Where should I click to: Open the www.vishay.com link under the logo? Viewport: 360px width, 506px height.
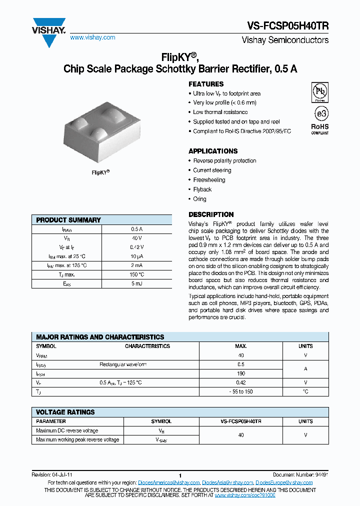pyautogui.click(x=92, y=37)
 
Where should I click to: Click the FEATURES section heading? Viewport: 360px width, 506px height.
pyautogui.click(x=206, y=84)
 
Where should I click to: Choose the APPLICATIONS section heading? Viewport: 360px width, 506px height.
pyautogui.click(x=213, y=151)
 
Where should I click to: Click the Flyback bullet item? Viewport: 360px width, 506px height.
pyautogui.click(x=202, y=189)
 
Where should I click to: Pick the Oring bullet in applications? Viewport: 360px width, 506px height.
pyautogui.click(x=199, y=199)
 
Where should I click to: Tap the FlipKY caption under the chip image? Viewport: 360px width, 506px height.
pyautogui.click(x=100, y=172)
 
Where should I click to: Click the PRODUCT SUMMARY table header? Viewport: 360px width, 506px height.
pyautogui.click(x=68, y=220)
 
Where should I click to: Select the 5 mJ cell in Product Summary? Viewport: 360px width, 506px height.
pyautogui.click(x=137, y=284)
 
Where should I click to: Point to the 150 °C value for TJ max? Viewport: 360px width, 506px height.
pyautogui.click(x=137, y=274)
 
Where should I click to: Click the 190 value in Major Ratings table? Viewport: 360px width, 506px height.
pyautogui.click(x=241, y=373)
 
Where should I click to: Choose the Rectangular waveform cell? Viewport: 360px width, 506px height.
pyautogui.click(x=123, y=364)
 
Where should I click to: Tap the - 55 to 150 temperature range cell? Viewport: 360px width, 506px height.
pyautogui.click(x=241, y=391)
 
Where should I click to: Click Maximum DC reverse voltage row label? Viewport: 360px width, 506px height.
pyautogui.click(x=67, y=430)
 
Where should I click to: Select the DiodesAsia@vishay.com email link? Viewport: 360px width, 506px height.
pyautogui.click(x=228, y=482)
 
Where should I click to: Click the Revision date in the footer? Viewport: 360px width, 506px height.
pyautogui.click(x=51, y=474)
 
